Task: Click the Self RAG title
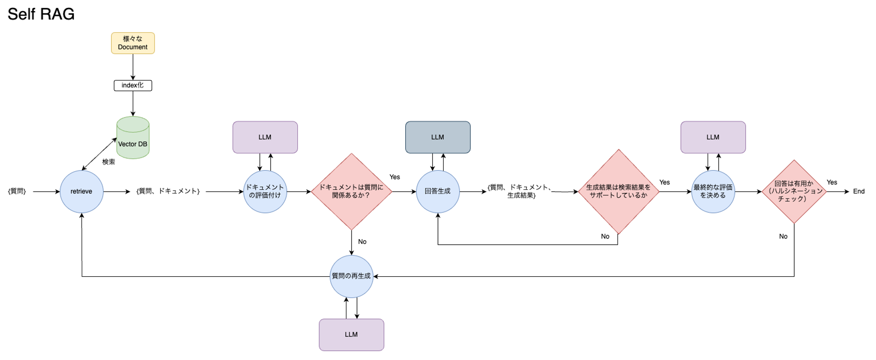tap(41, 14)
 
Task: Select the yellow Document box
tap(133, 43)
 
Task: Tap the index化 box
tap(133, 85)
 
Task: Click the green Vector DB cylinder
tap(133, 138)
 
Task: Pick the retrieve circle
tap(81, 192)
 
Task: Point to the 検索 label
tap(109, 162)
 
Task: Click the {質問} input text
tap(17, 191)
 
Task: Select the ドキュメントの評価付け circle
tap(265, 192)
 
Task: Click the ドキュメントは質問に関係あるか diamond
tap(352, 192)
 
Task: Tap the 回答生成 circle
tap(438, 192)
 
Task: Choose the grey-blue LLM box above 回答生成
tap(438, 137)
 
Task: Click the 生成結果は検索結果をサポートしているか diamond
tap(618, 192)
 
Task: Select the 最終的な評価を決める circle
tap(713, 192)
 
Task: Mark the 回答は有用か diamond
tap(794, 192)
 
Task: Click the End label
tap(859, 192)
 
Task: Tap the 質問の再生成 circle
tap(352, 276)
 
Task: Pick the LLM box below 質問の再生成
tap(352, 335)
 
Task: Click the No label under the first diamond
tap(362, 242)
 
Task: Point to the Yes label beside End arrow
tap(832, 182)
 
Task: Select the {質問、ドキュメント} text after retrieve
tap(168, 191)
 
